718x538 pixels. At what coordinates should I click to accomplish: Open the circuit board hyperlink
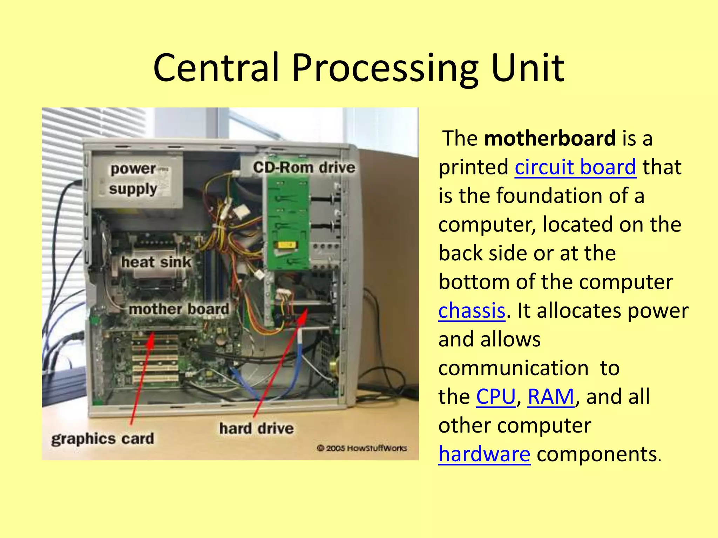point(575,167)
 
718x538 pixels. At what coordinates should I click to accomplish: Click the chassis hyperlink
point(472,311)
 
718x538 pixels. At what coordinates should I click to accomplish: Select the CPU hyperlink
point(495,397)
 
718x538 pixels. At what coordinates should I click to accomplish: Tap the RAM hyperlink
point(550,397)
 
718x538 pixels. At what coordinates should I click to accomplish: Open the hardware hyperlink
point(484,454)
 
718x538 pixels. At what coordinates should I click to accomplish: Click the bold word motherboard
point(549,138)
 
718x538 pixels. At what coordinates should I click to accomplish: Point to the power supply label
point(133,179)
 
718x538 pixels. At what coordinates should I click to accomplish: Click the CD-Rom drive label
point(304,167)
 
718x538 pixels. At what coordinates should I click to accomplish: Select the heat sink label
point(156,262)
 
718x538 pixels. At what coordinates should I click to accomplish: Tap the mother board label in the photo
point(179,309)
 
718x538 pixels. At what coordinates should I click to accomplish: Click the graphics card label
point(102,439)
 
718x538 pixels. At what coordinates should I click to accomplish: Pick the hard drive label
point(256,428)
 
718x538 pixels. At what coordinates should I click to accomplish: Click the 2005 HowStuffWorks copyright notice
point(361,448)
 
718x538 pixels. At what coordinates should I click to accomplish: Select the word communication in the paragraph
point(513,368)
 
